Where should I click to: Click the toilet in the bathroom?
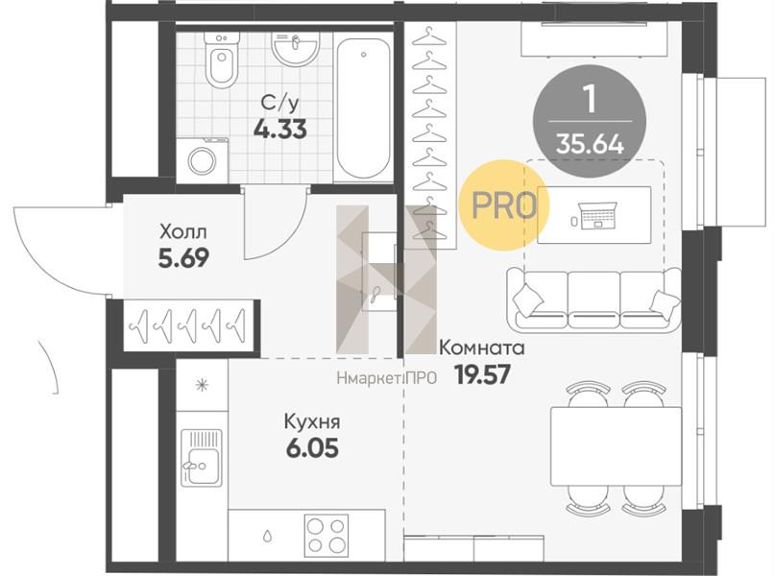point(220,60)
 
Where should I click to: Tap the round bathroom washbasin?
point(294,48)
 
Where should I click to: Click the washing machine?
point(202,160)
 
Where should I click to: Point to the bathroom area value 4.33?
point(279,130)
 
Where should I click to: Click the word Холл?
point(183,231)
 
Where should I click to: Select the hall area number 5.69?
point(183,257)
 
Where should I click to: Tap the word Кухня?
point(312,422)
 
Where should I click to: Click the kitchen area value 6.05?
point(312,448)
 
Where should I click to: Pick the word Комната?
point(481,348)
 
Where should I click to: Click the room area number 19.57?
point(482,375)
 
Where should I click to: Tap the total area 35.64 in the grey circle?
point(590,144)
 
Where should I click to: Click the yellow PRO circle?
point(503,204)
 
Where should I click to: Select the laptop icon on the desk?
point(597,215)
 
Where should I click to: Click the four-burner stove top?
point(327,534)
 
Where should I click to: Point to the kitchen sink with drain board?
point(202,458)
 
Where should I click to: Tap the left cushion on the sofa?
point(528,300)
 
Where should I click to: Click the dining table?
point(617,445)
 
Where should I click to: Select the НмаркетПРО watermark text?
point(386,378)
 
